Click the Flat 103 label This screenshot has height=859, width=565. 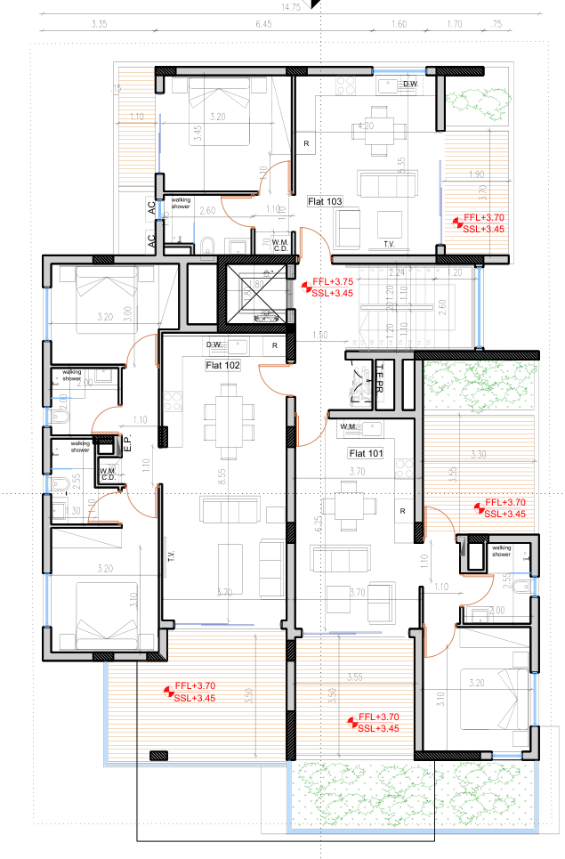tap(325, 202)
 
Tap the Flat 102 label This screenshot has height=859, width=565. tap(222, 364)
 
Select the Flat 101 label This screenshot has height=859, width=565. tap(365, 453)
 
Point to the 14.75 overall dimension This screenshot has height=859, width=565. tap(290, 6)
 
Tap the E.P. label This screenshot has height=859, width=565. tap(127, 442)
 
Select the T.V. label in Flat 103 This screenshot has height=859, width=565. tap(388, 243)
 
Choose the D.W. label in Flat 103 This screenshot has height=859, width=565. tap(409, 85)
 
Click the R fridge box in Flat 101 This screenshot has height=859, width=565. tap(403, 511)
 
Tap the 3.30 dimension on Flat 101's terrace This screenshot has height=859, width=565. tap(478, 455)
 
